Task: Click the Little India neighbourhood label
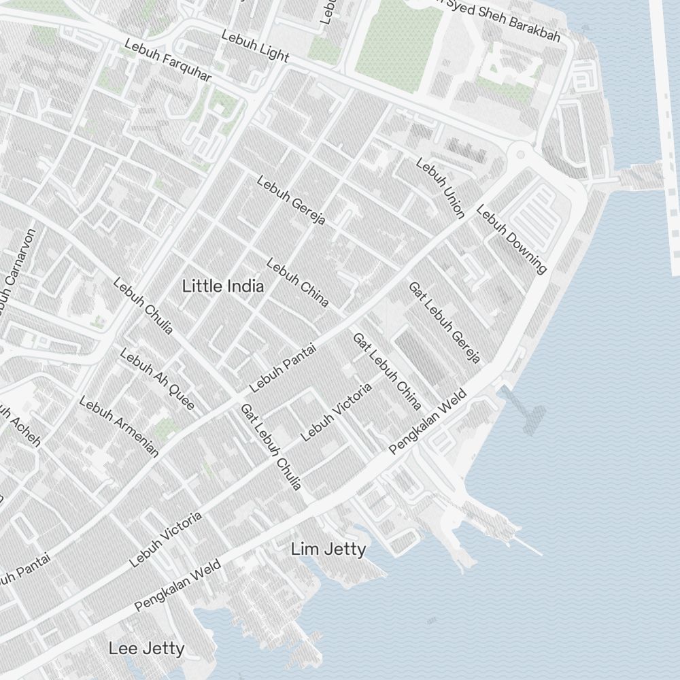[x=223, y=286]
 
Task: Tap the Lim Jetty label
[x=328, y=549]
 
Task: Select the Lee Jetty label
[x=146, y=649]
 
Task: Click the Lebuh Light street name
[x=255, y=46]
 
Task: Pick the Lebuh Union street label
[x=441, y=188]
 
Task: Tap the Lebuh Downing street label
[x=511, y=239]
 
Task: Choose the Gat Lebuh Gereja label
[x=445, y=322]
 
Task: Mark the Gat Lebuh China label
[x=386, y=371]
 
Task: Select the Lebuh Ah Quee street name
[x=157, y=379]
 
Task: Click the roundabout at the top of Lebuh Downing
[x=521, y=154]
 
